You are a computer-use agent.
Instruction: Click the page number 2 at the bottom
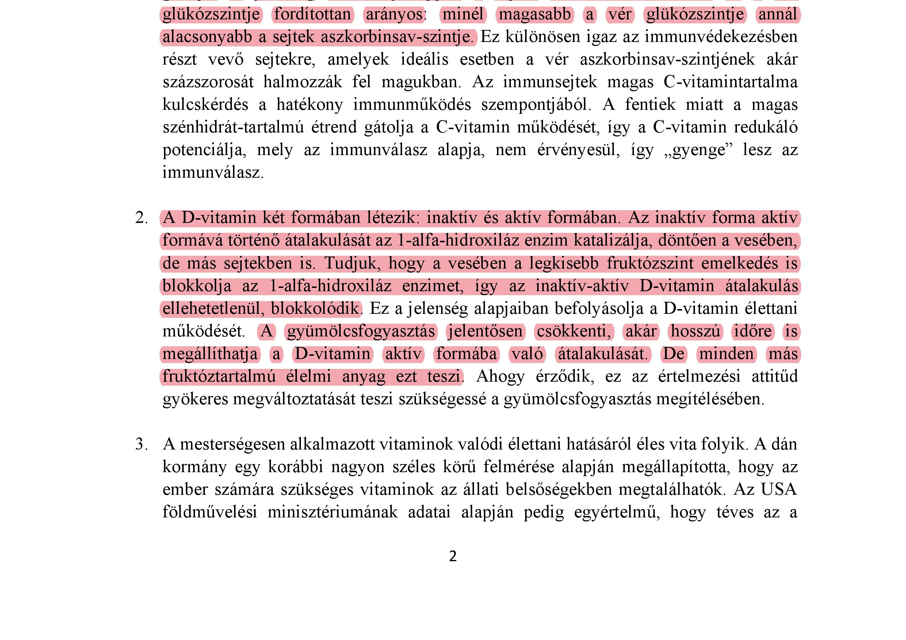[452, 556]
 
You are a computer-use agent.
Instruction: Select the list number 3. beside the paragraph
[141, 444]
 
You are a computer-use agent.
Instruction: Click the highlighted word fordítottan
[313, 15]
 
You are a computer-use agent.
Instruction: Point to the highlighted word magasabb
[535, 15]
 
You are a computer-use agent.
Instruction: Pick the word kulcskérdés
[205, 105]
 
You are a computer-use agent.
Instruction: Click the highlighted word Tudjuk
[352, 263]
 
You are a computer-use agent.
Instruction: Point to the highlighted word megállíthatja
[210, 354]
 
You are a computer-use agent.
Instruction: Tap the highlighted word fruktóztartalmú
[219, 377]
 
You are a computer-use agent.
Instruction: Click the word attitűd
[774, 377]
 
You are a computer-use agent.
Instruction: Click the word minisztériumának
[332, 512]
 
